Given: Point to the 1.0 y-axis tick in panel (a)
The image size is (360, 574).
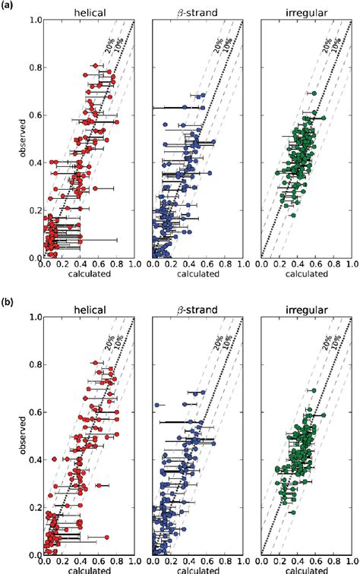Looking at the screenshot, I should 34,20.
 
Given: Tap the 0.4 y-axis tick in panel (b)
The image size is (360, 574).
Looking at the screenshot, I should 34,460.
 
